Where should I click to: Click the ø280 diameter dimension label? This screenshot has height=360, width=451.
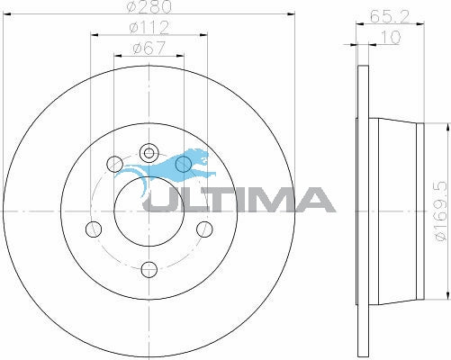(x=149, y=6)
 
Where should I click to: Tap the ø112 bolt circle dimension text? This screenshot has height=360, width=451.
(x=149, y=28)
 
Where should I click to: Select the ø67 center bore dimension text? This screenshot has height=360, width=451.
(x=149, y=48)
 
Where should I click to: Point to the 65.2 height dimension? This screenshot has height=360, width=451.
(x=389, y=16)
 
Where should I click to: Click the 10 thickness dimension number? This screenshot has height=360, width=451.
(x=391, y=37)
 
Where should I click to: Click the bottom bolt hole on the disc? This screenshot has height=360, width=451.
(x=149, y=270)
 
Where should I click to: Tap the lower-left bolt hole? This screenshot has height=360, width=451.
(x=94, y=229)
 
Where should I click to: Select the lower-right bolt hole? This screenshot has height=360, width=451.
(x=204, y=229)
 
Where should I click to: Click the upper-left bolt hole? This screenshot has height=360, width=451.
(x=115, y=164)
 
